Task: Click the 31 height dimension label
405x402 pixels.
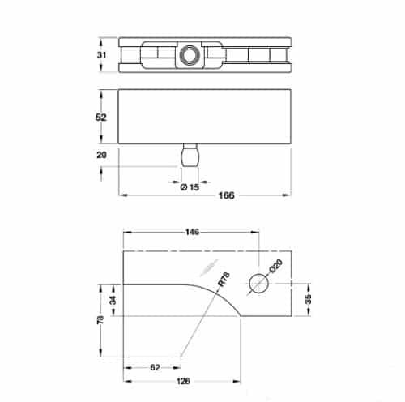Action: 101,55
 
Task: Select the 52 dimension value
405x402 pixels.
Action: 101,118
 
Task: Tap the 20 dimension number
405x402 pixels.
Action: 101,155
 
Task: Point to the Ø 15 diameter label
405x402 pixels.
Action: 190,187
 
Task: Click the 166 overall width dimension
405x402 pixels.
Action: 226,195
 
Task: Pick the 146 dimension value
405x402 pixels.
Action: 192,232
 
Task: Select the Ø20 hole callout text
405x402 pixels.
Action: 276,266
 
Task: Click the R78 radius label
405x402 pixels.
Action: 224,279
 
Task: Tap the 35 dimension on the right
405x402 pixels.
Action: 308,299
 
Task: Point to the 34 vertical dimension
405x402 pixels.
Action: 113,300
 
